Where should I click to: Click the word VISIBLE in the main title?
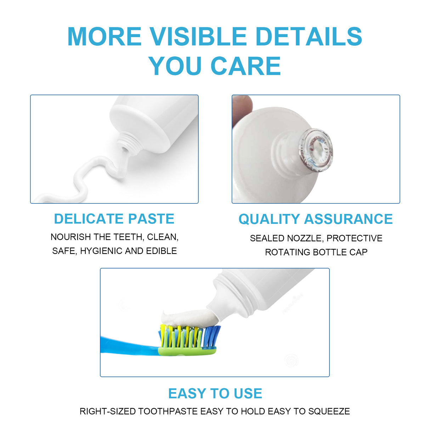click(198, 36)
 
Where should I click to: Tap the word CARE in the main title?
click(245, 66)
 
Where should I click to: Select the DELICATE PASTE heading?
click(114, 219)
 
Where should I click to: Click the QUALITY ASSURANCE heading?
click(315, 219)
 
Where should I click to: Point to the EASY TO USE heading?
click(215, 394)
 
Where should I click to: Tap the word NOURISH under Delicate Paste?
click(70, 237)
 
